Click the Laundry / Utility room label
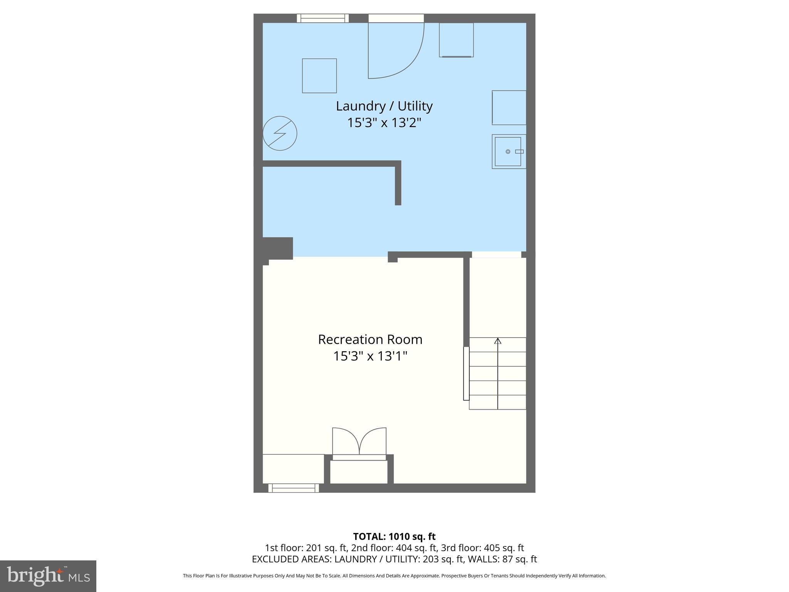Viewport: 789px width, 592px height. (384, 106)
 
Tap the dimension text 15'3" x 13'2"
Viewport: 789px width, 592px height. (384, 123)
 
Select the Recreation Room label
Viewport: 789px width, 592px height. (370, 340)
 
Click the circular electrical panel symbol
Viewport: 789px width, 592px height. (280, 133)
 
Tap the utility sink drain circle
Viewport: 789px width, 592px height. (508, 152)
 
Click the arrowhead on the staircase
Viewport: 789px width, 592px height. (498, 341)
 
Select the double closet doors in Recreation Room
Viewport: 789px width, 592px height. (359, 442)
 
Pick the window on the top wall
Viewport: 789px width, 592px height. (322, 18)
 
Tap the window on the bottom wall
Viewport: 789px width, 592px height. (294, 488)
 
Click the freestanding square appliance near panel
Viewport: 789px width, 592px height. (319, 76)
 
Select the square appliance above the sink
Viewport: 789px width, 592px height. (509, 108)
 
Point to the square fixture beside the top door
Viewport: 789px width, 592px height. (456, 40)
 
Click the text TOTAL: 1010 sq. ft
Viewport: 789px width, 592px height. (394, 536)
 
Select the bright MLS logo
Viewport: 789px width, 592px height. (48, 576)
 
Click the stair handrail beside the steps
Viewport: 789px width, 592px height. (466, 373)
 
